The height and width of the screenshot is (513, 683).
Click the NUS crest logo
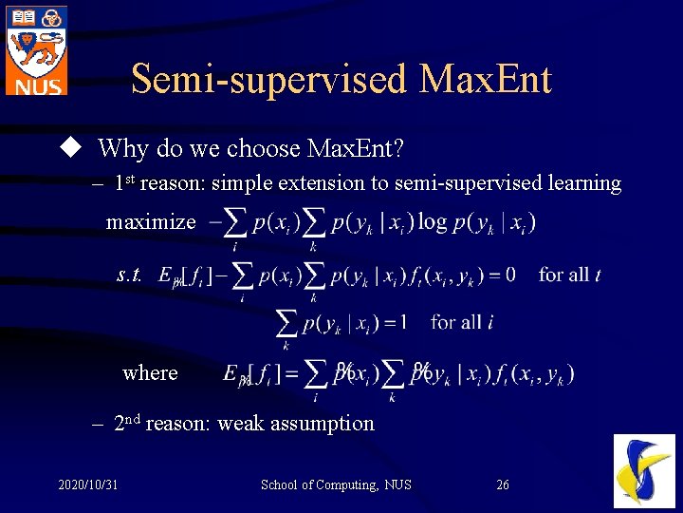tap(36, 49)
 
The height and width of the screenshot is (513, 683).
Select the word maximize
tap(151, 222)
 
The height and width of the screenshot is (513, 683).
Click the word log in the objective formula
tap(432, 221)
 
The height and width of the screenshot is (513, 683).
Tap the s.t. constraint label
tap(130, 275)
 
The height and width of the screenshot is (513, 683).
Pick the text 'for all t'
tap(569, 275)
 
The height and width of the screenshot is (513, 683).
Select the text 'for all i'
tap(461, 322)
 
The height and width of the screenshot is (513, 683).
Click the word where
tap(150, 372)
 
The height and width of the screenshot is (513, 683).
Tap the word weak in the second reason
tap(241, 424)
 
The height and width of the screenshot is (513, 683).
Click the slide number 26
tap(503, 485)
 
